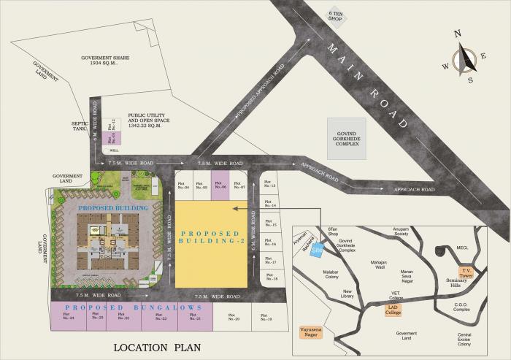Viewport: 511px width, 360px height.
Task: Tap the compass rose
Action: click(x=463, y=57)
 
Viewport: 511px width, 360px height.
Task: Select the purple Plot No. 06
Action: click(x=220, y=185)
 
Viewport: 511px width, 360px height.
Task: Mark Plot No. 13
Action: click(x=269, y=185)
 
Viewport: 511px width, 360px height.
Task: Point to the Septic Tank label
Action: click(x=80, y=126)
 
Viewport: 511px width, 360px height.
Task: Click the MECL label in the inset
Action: click(x=461, y=248)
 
